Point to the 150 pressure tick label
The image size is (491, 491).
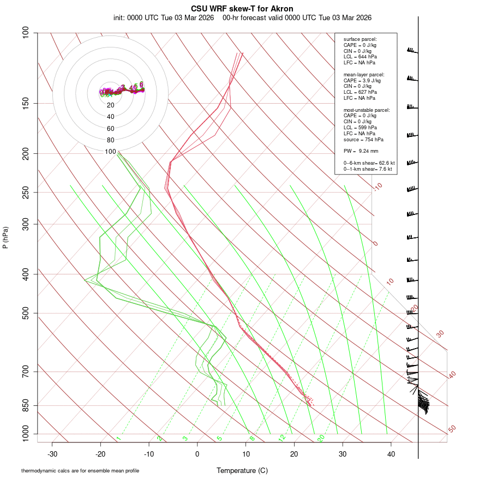(26, 104)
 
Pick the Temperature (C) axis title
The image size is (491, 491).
(242, 470)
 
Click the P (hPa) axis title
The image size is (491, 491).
(5, 238)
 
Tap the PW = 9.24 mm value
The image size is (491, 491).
(361, 151)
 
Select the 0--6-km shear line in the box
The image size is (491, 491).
(369, 163)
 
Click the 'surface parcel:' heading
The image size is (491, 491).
(360, 39)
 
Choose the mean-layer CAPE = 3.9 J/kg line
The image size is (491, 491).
(362, 80)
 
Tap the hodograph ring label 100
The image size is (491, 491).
(111, 152)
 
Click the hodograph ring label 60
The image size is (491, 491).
(111, 129)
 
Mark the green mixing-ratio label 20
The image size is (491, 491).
(321, 438)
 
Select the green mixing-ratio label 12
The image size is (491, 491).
(282, 438)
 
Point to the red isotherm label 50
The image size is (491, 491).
(452, 429)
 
